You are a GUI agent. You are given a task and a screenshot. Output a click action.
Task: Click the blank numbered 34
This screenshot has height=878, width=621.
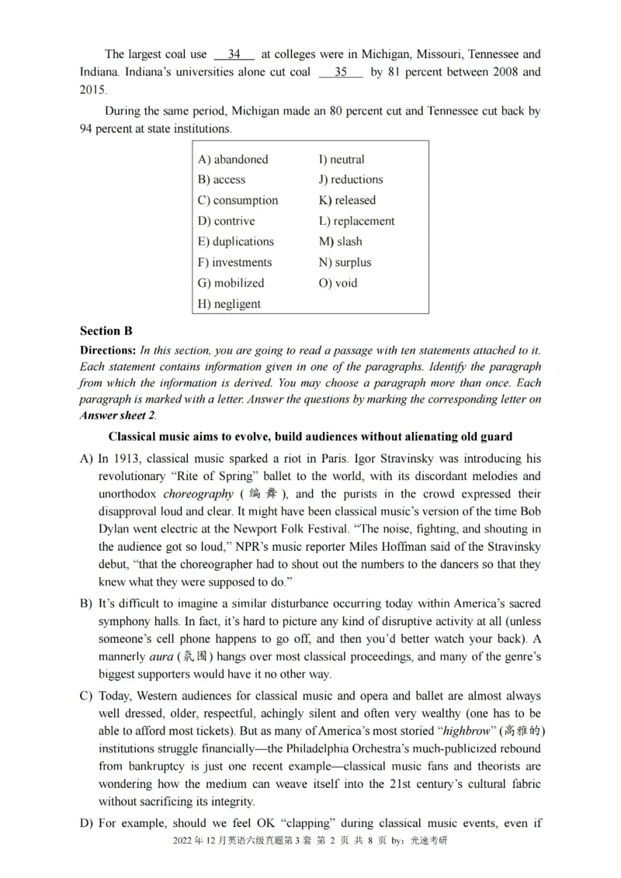click(x=234, y=54)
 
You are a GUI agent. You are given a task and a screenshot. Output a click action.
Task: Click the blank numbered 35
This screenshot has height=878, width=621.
click(x=341, y=72)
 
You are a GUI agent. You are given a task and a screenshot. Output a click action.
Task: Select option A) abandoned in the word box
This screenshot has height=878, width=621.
click(x=233, y=159)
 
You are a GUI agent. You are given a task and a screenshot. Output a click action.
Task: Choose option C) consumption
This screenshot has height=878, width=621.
click(x=238, y=200)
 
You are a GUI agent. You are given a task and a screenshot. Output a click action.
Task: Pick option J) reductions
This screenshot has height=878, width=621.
click(x=350, y=179)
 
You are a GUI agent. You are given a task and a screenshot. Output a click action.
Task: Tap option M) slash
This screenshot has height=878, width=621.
click(x=340, y=241)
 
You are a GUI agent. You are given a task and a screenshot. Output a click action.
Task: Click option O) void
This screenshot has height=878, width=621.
click(x=338, y=283)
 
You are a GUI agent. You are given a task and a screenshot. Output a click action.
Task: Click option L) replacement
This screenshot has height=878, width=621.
click(x=356, y=221)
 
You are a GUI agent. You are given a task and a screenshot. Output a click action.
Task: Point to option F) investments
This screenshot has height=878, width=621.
click(x=234, y=262)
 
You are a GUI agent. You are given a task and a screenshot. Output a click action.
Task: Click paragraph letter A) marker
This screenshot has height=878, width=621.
click(x=86, y=459)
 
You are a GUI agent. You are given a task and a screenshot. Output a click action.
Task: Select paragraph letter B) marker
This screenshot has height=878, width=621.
click(x=86, y=603)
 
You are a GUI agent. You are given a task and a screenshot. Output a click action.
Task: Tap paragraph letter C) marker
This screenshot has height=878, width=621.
click(x=86, y=696)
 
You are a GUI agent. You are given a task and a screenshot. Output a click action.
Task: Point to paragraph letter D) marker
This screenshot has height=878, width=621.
click(x=86, y=823)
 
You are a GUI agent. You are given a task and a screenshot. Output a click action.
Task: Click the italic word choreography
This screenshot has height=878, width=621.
click(x=198, y=494)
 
